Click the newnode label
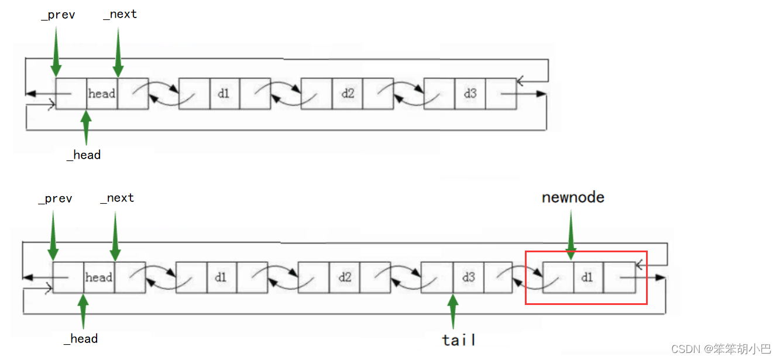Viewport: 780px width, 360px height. click(573, 197)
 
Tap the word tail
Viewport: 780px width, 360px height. click(458, 340)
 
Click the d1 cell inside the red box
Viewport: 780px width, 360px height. click(587, 277)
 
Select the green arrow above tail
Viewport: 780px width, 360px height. click(452, 311)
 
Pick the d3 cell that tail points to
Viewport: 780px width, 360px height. click(469, 277)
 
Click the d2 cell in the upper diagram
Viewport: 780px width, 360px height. click(348, 93)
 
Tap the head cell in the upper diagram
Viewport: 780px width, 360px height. click(102, 93)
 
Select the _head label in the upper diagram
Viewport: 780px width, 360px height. click(84, 155)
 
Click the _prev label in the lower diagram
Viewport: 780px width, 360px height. click(56, 199)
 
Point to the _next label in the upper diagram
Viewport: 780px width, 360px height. click(120, 15)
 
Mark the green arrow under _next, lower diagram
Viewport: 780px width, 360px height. click(115, 236)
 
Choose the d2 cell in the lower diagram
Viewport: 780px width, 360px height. click(344, 277)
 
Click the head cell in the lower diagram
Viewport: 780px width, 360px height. click(99, 277)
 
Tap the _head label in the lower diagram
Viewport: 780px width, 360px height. click(81, 339)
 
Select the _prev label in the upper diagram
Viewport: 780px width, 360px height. click(58, 15)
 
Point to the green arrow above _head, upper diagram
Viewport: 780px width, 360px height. click(87, 127)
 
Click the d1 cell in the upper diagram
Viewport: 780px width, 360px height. click(224, 93)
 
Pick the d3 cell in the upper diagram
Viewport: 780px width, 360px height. click(470, 93)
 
